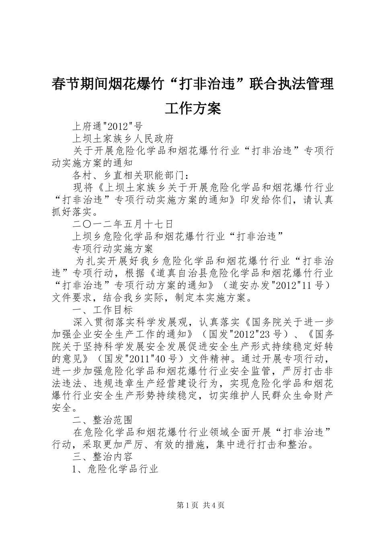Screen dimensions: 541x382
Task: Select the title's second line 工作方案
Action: (x=193, y=108)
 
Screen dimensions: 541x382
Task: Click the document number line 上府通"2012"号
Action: (x=107, y=126)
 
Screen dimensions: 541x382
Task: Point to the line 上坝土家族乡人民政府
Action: (x=123, y=139)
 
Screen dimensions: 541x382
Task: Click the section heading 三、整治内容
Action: (x=103, y=456)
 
